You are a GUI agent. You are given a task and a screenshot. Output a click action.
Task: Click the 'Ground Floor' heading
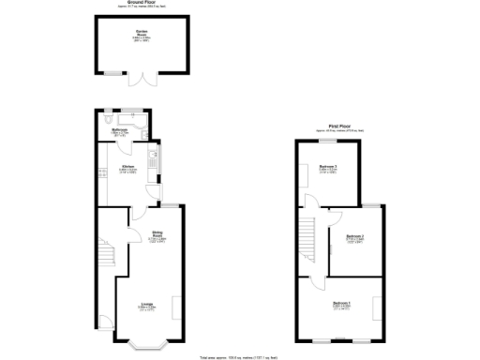click(141, 5)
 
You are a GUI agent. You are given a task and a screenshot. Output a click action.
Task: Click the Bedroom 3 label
click(327, 168)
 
